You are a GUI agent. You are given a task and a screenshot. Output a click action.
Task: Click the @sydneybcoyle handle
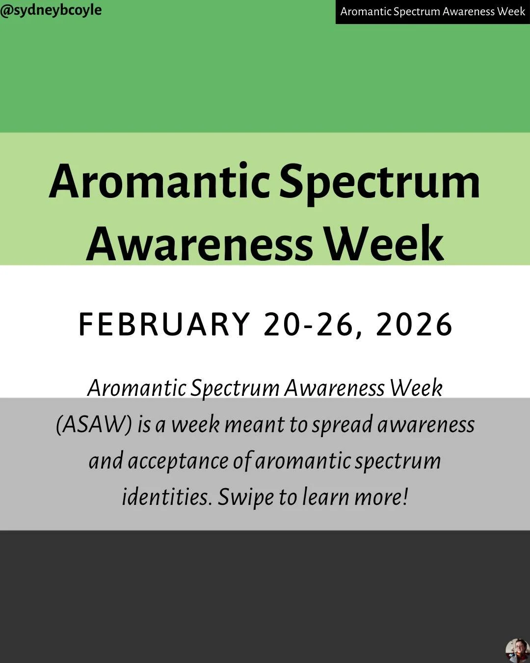click(51, 10)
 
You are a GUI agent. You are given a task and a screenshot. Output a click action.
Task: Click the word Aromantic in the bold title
click(159, 182)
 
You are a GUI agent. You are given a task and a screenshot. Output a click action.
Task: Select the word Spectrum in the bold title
click(380, 182)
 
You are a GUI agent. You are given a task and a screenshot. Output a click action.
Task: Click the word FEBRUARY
click(164, 325)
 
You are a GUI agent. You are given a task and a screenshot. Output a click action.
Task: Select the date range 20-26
click(309, 325)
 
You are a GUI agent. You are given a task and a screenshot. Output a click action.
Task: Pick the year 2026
click(414, 325)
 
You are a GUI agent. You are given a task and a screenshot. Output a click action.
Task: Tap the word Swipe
click(246, 497)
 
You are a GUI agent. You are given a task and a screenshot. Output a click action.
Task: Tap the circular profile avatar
click(517, 651)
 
